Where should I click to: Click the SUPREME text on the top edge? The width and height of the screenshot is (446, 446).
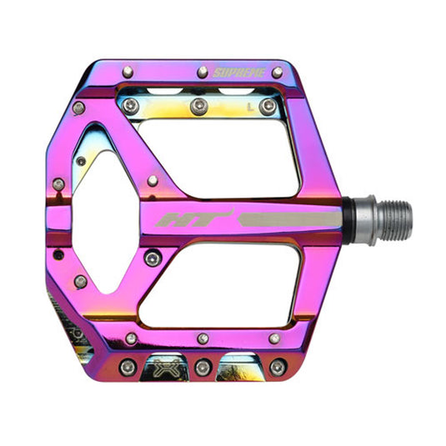pos(239,73)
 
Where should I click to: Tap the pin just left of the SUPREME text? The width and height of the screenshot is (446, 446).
pos(200,73)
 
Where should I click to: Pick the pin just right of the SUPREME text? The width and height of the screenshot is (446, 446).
pos(277,73)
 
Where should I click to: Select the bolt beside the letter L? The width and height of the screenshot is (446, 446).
pos(268,106)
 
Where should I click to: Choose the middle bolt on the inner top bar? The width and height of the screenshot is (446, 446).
pos(198,106)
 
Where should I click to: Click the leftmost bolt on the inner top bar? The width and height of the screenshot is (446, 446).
pos(131,105)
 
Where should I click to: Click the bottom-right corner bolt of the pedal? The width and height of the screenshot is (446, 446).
pos(278,367)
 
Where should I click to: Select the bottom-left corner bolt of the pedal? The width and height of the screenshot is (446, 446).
pos(128,367)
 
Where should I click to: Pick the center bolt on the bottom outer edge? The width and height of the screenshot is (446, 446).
pos(202,367)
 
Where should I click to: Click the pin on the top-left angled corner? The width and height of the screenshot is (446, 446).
pos(78,108)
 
